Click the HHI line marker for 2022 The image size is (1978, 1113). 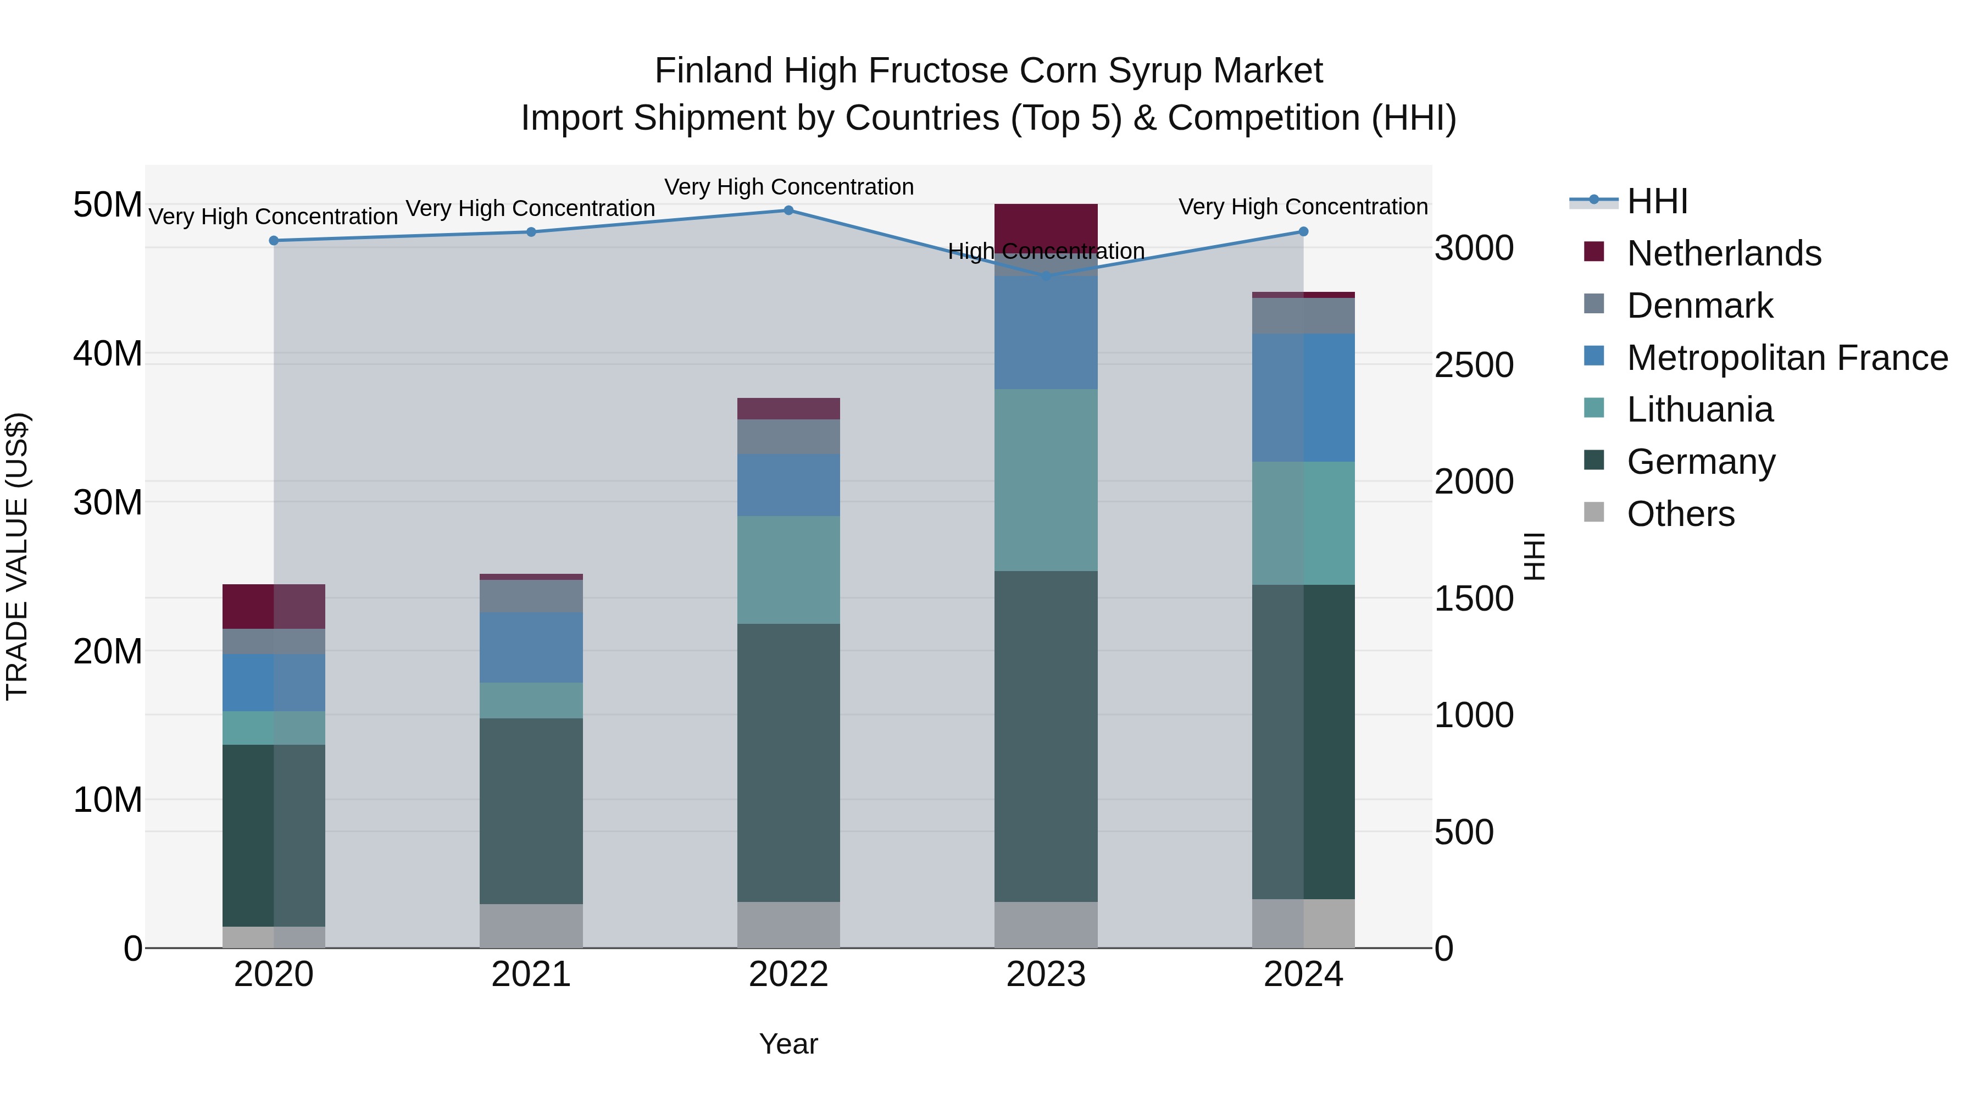pyautogui.click(x=788, y=210)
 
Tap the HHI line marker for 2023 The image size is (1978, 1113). pyautogui.click(x=1046, y=276)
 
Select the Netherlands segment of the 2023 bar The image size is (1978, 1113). pyautogui.click(x=1046, y=224)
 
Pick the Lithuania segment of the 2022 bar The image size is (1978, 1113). pyautogui.click(x=788, y=569)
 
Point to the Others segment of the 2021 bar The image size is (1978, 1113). pyautogui.click(x=531, y=926)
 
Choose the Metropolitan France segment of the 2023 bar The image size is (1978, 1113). pyautogui.click(x=1046, y=332)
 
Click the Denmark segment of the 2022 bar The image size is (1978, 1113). pyautogui.click(x=788, y=436)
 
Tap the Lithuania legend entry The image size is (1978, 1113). pyautogui.click(x=1699, y=409)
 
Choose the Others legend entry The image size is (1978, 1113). pyautogui.click(x=1680, y=514)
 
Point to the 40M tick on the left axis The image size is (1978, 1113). pyautogui.click(x=108, y=354)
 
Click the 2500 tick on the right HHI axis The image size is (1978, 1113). pyautogui.click(x=1474, y=366)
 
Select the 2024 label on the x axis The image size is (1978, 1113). pyautogui.click(x=1303, y=974)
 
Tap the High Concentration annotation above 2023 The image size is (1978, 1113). pyautogui.click(x=1046, y=251)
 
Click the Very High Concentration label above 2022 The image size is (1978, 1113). pyautogui.click(x=788, y=187)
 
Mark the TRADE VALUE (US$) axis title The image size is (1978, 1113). pyautogui.click(x=17, y=556)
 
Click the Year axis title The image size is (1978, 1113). pyautogui.click(x=788, y=1044)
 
